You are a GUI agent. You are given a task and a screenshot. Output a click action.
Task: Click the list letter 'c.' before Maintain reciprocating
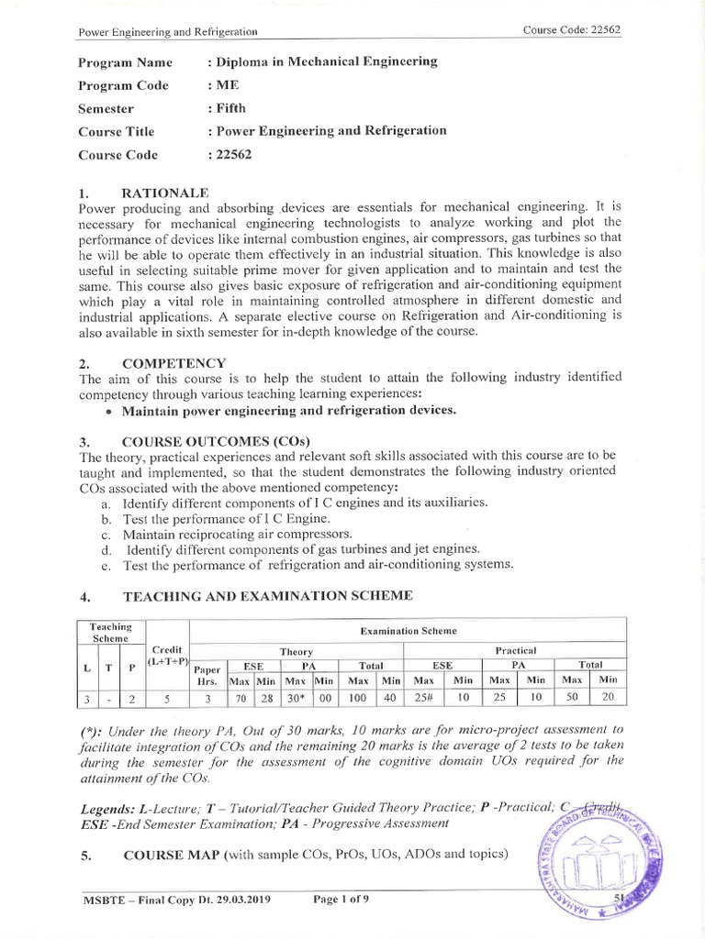point(106,534)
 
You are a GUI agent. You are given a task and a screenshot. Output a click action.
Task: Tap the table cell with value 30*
point(296,699)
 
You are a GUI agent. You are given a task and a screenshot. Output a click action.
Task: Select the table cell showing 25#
point(424,699)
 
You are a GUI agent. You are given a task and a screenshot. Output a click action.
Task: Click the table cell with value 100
point(360,699)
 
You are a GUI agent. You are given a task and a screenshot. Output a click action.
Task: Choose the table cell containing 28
point(265,699)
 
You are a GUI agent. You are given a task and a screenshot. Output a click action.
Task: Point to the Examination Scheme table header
point(408,631)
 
